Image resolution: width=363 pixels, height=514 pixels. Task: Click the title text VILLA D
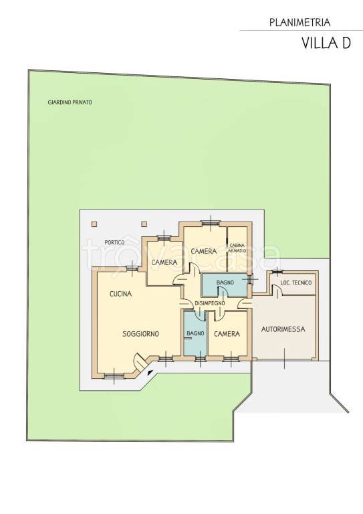pos(326,43)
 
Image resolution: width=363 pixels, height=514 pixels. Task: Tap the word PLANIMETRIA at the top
pos(300,23)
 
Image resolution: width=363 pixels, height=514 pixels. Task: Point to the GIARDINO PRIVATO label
pos(70,102)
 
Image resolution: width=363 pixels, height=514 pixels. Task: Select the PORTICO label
pos(114,242)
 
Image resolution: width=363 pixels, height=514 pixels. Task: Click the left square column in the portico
pos(94,224)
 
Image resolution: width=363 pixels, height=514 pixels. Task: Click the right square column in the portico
pos(144,224)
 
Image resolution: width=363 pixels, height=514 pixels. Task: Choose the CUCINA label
pos(121,294)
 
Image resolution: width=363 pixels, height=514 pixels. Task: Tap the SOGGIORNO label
pos(141,334)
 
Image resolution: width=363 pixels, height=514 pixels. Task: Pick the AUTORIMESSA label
pos(283,329)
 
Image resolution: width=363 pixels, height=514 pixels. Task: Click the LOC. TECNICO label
pos(296,282)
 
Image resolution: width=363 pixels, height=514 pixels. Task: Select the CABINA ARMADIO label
pos(238,248)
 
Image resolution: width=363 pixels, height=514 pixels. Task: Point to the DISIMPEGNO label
pos(210,303)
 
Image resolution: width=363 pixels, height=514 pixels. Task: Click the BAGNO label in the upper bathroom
pos(225,282)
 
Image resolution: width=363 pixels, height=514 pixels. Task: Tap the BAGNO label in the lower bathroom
pos(195,333)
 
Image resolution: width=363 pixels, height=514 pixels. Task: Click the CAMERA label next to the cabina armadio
pos(204,252)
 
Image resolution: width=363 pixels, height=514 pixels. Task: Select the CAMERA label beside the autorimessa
pos(227,334)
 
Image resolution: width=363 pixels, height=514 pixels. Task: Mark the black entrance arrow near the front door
pos(150,372)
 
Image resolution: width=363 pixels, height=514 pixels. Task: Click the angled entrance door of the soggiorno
pos(140,362)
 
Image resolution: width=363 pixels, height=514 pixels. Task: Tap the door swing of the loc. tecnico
pos(277,290)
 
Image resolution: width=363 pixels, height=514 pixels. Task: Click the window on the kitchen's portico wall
pos(132,268)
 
